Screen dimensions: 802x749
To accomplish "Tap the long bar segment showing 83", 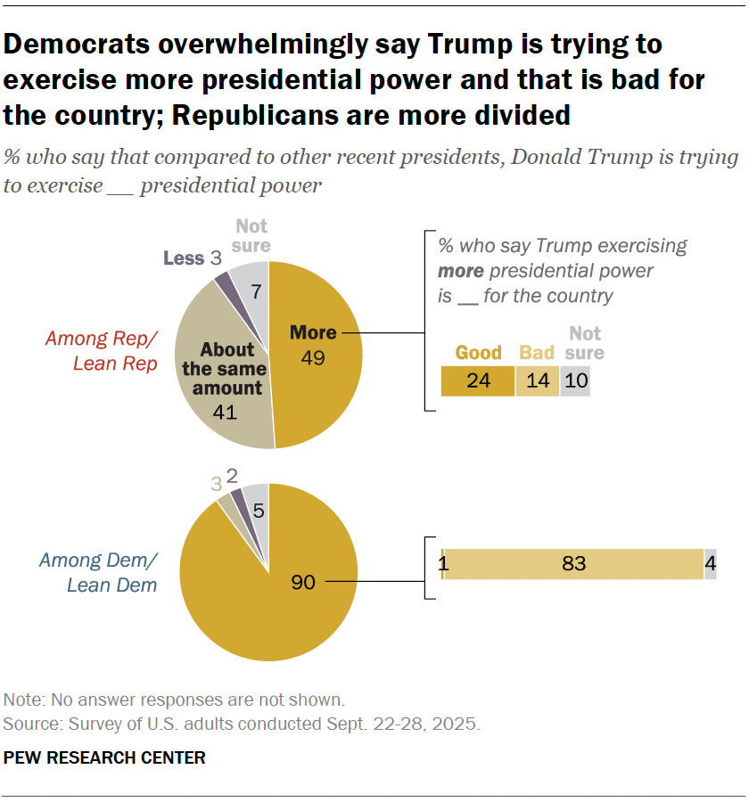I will pos(573,564).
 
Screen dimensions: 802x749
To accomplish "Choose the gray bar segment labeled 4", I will pos(710,564).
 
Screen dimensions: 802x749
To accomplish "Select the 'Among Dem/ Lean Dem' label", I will pos(98,572).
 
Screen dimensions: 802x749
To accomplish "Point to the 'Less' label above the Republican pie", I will pos(184,258).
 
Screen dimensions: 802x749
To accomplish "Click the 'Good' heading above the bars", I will pos(479,352).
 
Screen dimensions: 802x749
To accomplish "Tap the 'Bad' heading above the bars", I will pos(537,352).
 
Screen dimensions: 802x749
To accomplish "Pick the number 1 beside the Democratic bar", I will pos(442,564).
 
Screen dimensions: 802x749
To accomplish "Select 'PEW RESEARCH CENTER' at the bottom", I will pos(104,758).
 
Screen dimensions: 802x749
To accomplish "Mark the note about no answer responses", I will pos(174,700).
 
